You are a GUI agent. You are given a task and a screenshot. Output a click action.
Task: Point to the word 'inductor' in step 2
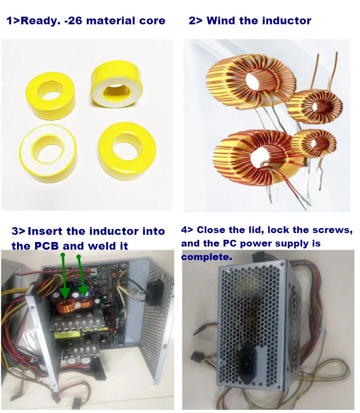pos(288,21)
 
